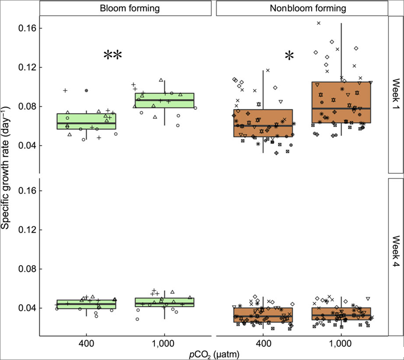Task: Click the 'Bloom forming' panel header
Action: [x=125, y=8]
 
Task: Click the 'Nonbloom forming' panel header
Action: [x=302, y=8]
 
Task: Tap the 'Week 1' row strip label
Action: [x=395, y=95]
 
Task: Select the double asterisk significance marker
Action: [x=113, y=56]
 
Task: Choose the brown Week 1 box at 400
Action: [x=263, y=123]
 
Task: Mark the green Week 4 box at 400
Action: [x=86, y=304]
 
